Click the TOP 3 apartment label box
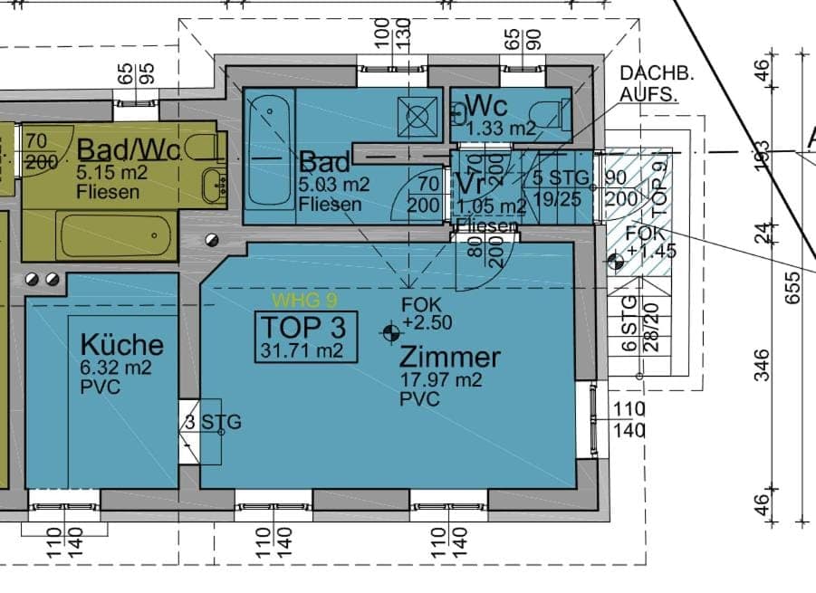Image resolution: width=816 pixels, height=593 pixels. pos(303,337)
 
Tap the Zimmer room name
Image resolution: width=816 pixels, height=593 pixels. pos(450,358)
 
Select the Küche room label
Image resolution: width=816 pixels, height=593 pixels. pos(122,345)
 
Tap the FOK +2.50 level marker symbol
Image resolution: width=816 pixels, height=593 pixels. pos(391,332)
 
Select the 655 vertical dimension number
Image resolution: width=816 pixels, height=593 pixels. pos(793,287)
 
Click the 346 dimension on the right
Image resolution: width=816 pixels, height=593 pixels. pos(763,365)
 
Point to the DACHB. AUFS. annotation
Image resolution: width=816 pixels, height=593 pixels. pos(648,82)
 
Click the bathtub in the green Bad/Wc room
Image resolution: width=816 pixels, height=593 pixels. pos(115,235)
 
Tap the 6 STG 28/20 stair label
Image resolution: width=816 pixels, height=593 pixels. pos(641,323)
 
